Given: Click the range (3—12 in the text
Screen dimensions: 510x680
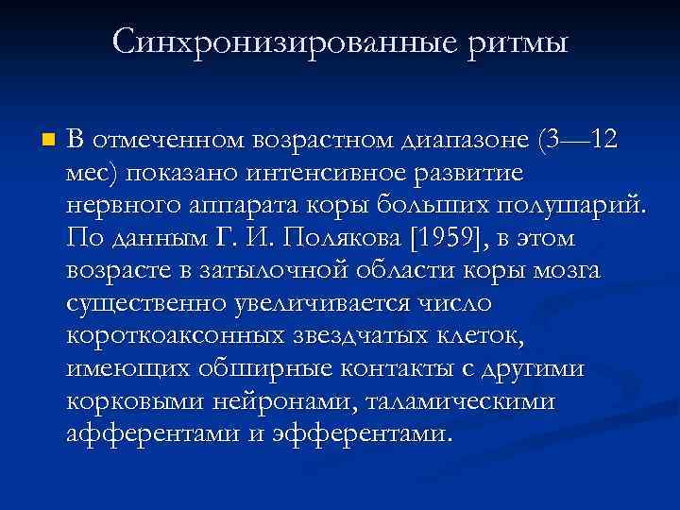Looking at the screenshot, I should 577,141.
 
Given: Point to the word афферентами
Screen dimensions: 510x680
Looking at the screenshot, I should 157,434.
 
